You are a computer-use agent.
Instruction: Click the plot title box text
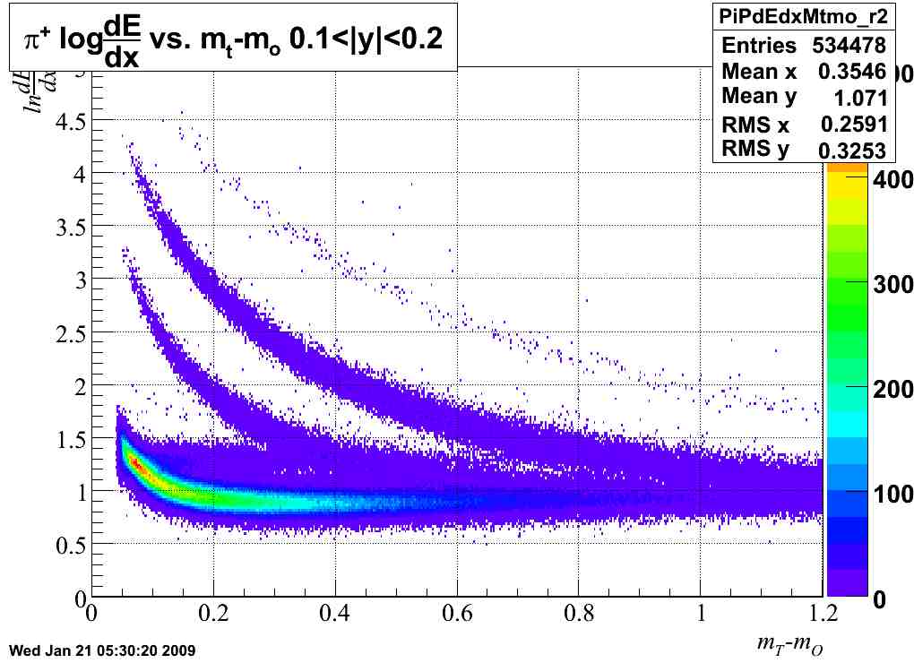pos(233,38)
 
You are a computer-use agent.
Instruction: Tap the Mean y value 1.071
pos(858,98)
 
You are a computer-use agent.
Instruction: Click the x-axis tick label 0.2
pos(212,614)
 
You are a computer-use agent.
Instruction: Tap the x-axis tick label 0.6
pos(457,614)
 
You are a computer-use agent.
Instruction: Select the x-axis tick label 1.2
pos(823,614)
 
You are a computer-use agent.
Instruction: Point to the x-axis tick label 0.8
pos(579,614)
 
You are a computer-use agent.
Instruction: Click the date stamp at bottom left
pos(101,650)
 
